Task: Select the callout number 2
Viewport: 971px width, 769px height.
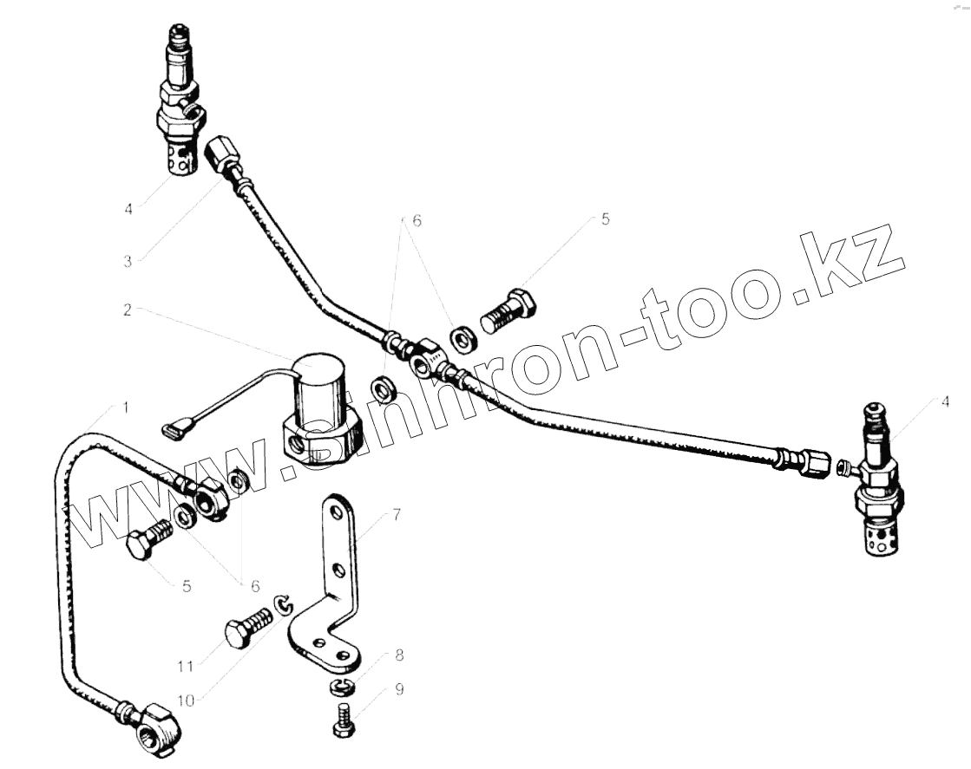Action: (x=127, y=310)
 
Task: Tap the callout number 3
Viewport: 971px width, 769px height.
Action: (x=127, y=260)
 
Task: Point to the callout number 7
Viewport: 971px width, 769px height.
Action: (x=396, y=516)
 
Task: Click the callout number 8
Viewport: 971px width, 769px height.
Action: (x=399, y=655)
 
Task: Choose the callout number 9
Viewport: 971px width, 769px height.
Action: (x=399, y=690)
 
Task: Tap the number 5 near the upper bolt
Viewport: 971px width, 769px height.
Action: (x=605, y=219)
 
